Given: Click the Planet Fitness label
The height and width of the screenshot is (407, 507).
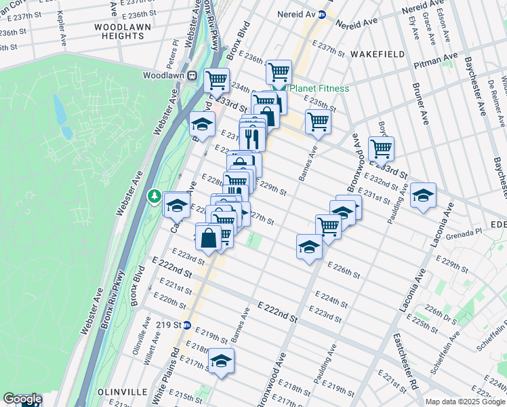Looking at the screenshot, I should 319,88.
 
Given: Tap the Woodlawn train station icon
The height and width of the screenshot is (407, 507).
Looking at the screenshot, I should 192,75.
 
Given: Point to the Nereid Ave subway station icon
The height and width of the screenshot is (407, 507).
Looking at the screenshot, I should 323,14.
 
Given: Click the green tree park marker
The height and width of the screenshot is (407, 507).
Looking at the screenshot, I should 155,197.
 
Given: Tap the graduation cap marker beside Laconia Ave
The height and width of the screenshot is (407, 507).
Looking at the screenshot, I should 424,195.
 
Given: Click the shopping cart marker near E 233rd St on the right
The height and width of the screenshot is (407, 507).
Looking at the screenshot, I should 382,149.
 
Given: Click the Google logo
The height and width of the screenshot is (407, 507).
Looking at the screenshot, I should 22,399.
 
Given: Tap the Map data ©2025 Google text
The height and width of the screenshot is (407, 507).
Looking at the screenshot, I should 464,402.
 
